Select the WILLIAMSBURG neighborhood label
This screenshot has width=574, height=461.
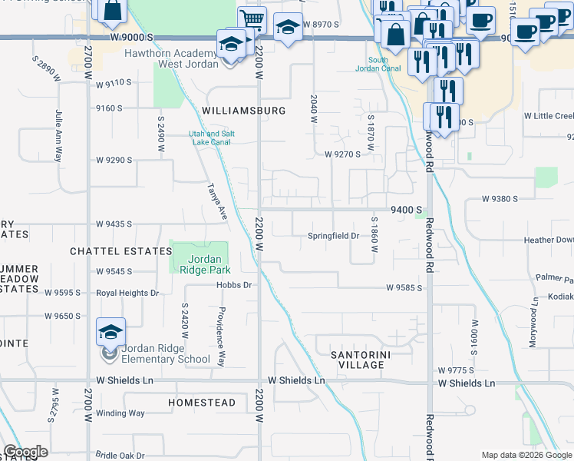tap(243, 111)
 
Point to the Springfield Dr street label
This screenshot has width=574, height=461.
tap(333, 236)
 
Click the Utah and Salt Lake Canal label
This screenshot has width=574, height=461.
tap(201, 138)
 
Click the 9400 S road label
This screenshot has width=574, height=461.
tap(407, 210)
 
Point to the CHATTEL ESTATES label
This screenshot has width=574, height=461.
tap(120, 251)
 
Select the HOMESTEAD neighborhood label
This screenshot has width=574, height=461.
tap(202, 403)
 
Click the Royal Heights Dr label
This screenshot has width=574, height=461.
tap(127, 293)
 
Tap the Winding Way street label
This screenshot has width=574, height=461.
tap(120, 413)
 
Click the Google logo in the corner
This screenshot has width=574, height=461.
tap(25, 452)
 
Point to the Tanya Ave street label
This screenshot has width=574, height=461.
tap(218, 202)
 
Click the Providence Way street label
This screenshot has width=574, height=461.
tap(221, 336)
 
